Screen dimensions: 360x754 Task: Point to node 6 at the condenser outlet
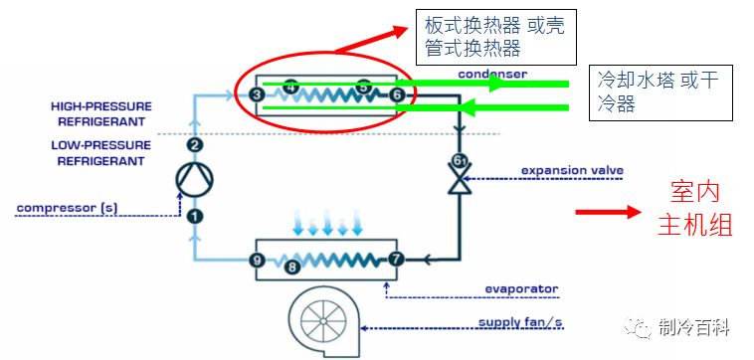[x=398, y=94]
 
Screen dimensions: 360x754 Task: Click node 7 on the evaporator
[x=397, y=261]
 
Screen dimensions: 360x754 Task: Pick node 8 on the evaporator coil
[x=292, y=266]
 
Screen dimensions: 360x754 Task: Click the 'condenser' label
[x=492, y=75]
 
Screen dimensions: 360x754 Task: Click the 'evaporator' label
[x=521, y=289]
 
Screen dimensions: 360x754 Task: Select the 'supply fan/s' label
[x=520, y=322]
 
